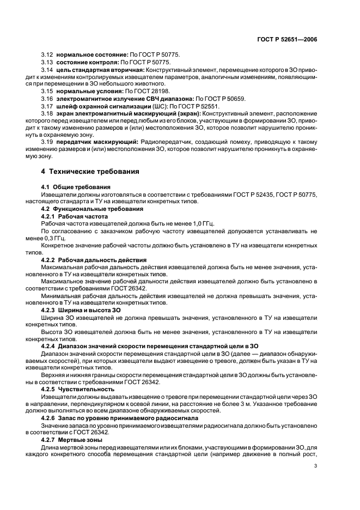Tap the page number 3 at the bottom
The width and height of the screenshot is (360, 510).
(x=315, y=466)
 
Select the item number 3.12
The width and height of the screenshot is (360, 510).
(x=47, y=56)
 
